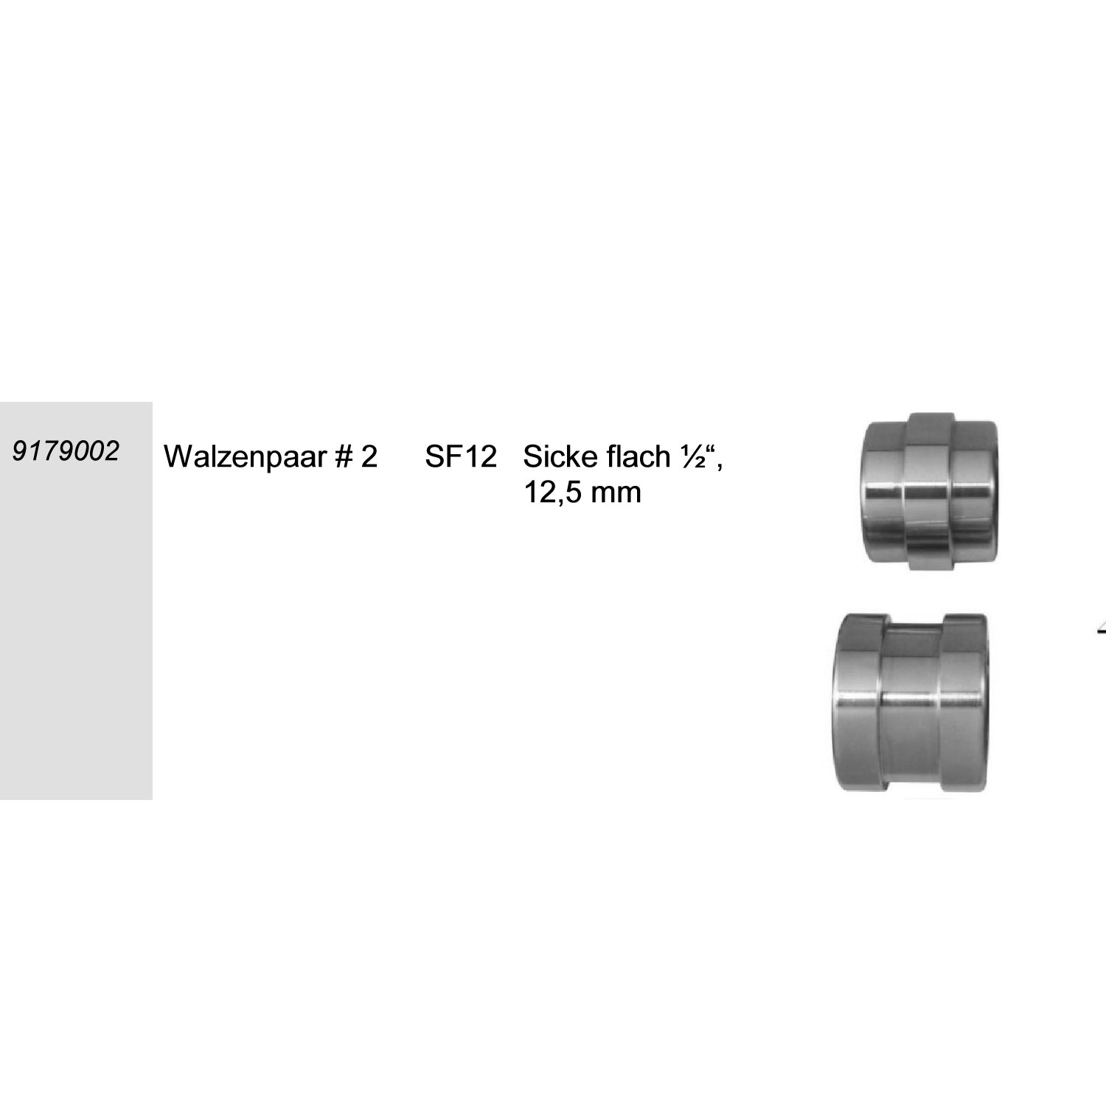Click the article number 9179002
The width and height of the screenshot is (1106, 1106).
pos(65,451)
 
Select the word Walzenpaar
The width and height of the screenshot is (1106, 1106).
pos(243,458)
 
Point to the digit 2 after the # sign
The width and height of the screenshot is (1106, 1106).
pos(369,457)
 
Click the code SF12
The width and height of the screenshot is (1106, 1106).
pos(461,457)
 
